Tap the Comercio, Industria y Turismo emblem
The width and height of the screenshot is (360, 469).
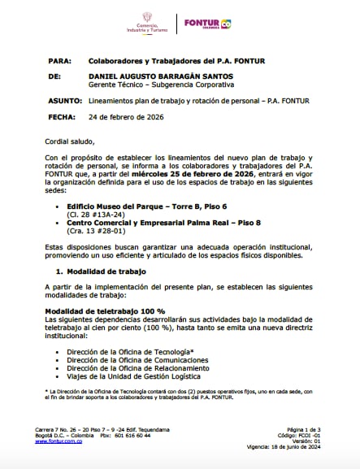[x=147, y=22]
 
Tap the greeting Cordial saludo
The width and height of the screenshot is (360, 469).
[x=76, y=141]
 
